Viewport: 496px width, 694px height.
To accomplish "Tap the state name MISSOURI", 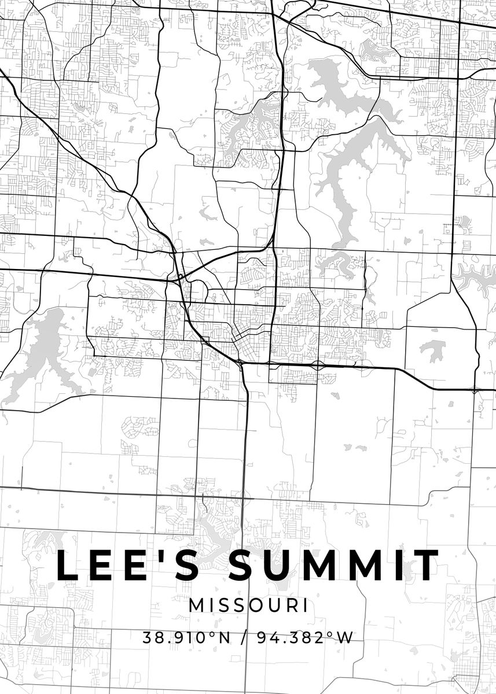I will point(248,606).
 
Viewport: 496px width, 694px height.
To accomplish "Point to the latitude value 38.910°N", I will point(186,638).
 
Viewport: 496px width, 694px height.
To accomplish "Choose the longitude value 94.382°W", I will point(304,638).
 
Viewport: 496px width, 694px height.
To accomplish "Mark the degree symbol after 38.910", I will point(212,634).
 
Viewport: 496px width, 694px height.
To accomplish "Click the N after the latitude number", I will point(223,638).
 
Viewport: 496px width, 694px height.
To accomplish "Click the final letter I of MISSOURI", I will point(304,606).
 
